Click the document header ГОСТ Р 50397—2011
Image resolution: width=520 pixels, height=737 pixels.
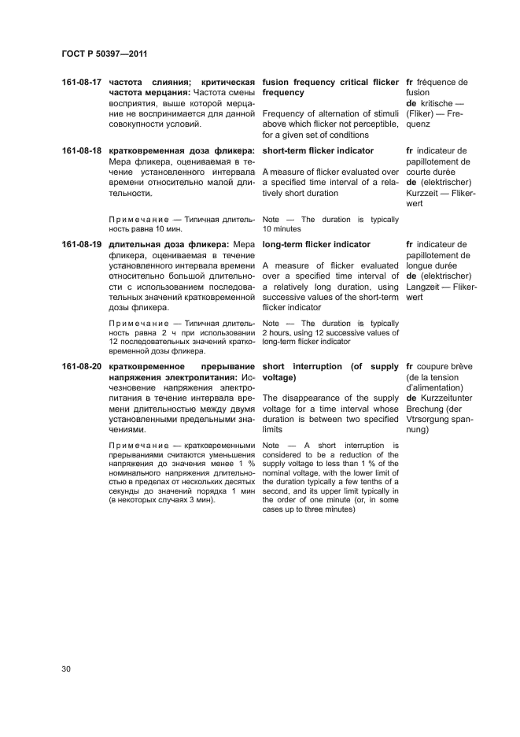click(x=105, y=54)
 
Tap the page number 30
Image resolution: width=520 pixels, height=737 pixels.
click(x=67, y=668)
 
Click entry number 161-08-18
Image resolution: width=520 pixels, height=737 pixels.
click(x=82, y=150)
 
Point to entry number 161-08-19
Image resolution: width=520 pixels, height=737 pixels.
click(x=82, y=245)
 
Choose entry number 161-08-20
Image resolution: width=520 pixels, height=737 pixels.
click(x=82, y=367)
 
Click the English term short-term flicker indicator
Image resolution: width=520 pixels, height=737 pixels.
click(x=318, y=150)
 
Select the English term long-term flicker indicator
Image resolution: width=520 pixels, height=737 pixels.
click(x=316, y=245)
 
